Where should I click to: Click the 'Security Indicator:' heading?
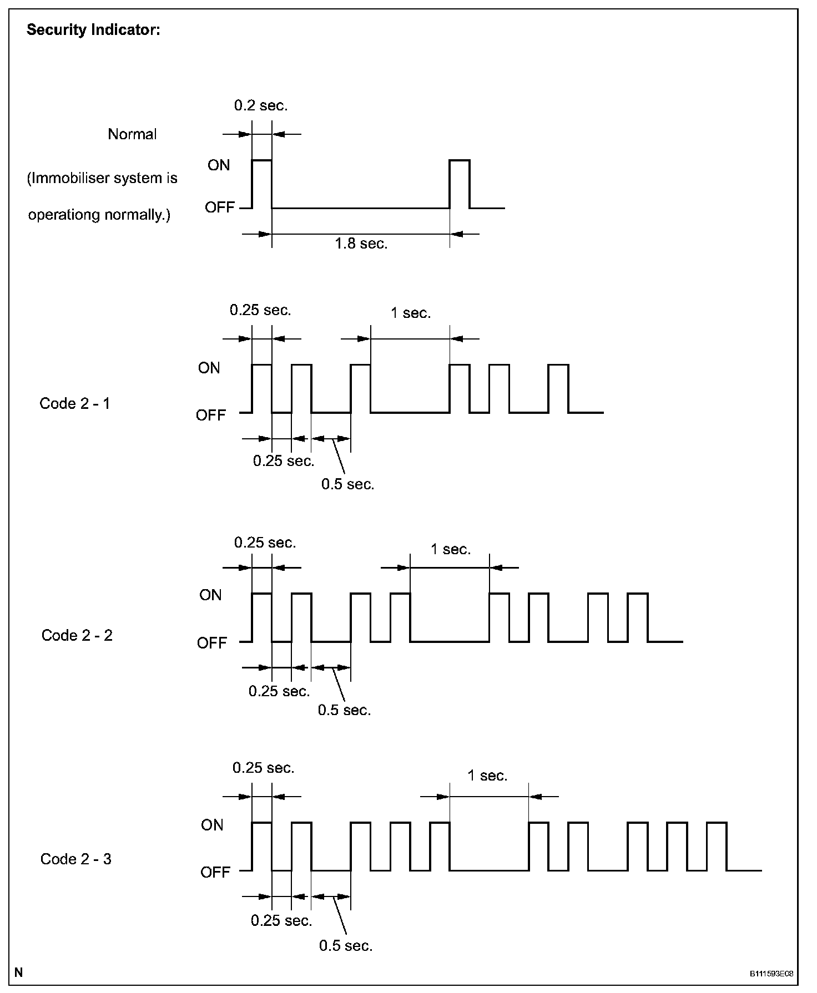click(93, 30)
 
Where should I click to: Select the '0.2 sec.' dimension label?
click(261, 105)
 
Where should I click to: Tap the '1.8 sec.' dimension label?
click(361, 243)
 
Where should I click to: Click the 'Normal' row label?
click(132, 134)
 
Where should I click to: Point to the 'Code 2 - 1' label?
click(75, 403)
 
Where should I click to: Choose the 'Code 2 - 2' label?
click(77, 635)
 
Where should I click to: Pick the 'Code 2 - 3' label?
click(76, 859)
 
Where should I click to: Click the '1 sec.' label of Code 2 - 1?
click(411, 313)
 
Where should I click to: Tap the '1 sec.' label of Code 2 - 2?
click(451, 549)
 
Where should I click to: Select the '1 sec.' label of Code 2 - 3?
click(488, 776)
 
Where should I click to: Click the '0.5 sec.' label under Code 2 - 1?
click(348, 484)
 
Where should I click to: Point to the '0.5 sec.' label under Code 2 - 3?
click(346, 945)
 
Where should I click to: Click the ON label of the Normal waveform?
click(219, 165)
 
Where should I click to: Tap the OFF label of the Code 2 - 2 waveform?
click(212, 643)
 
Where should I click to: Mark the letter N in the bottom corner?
click(19, 972)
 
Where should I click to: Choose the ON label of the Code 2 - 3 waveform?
click(212, 825)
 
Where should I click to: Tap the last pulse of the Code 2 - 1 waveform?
click(558, 388)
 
